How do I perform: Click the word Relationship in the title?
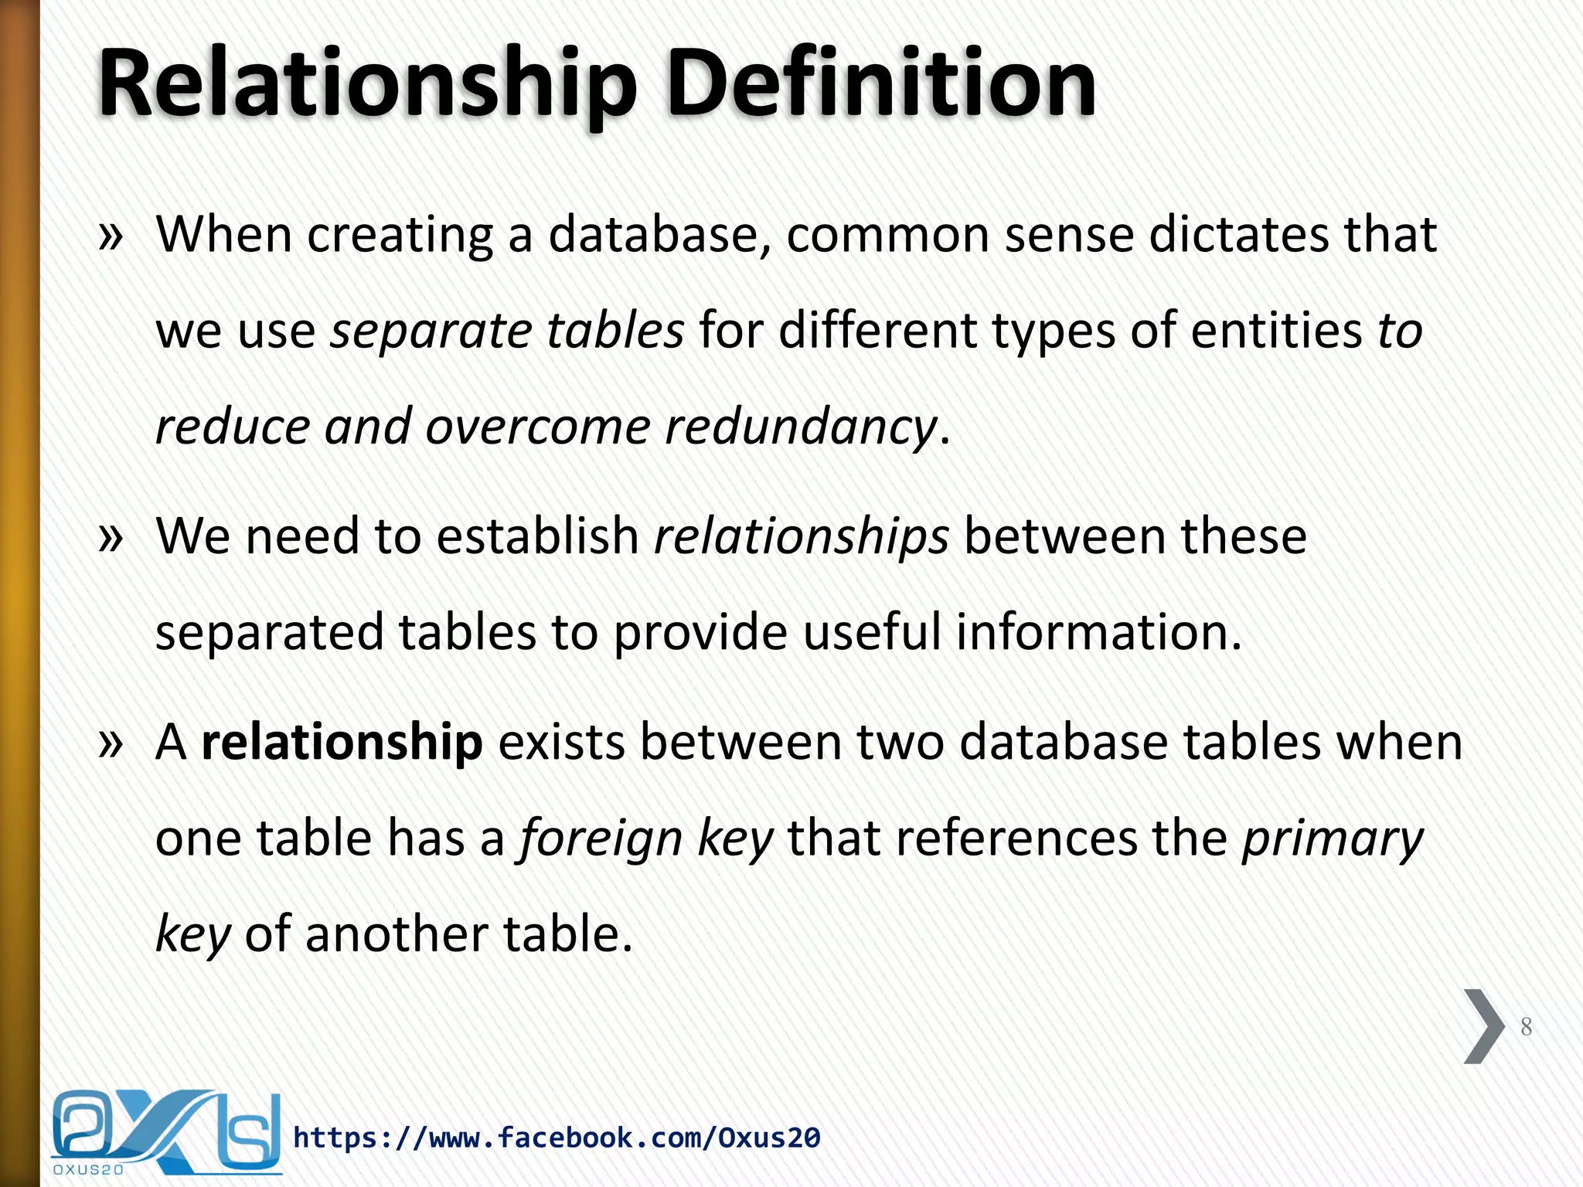point(368,83)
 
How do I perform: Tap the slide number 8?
point(1526,1027)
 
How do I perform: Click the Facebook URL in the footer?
point(557,1138)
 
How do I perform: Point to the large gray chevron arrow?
point(1483,1026)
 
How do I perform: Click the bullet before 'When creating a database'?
point(111,236)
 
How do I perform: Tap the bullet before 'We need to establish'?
point(111,537)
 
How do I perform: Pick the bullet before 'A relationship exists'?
point(111,743)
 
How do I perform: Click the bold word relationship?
point(342,743)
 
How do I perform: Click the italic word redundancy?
point(801,427)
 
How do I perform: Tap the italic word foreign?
point(601,839)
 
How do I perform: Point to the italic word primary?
point(1332,839)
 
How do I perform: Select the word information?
point(1098,633)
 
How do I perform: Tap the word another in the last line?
point(397,934)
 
